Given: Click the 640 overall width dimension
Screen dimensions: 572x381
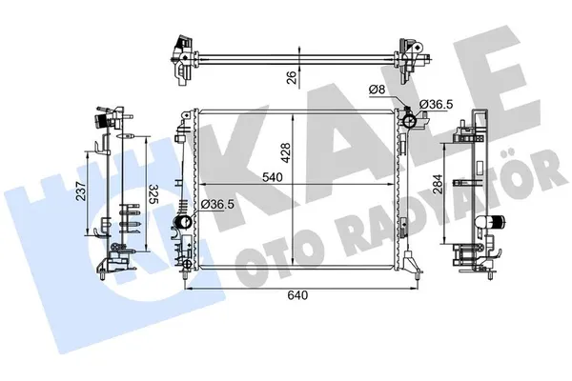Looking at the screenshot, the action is coord(297,295).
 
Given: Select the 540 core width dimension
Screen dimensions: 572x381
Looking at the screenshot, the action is coord(273,177).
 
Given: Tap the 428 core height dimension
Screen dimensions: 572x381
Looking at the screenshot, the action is coord(286,153).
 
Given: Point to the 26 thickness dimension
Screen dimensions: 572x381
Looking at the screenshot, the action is coord(292,77).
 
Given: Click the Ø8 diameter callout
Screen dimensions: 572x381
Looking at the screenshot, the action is coord(377,90).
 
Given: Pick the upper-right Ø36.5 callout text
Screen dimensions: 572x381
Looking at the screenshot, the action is coord(437,105).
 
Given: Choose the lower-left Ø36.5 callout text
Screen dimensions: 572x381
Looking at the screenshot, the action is coord(217,205).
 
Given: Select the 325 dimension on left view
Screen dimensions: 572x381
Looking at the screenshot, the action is coord(154,195).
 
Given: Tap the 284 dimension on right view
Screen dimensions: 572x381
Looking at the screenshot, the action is coord(438,184).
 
